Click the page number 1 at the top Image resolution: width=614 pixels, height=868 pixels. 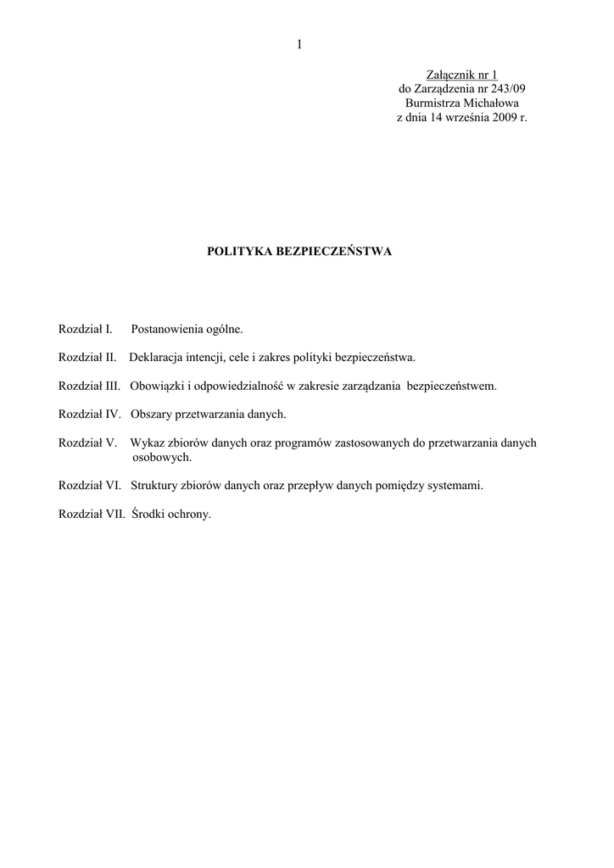point(300,46)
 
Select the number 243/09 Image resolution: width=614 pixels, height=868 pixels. point(511,89)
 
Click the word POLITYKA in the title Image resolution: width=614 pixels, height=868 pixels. point(241,252)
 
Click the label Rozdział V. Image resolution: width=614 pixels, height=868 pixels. point(87,443)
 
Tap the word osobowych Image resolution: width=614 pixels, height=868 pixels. point(162,457)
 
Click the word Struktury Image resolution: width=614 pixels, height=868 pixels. point(155,486)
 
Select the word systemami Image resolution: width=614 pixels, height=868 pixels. point(455,486)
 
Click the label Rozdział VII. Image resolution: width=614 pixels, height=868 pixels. point(92,515)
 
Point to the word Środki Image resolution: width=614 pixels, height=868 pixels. point(148,515)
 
